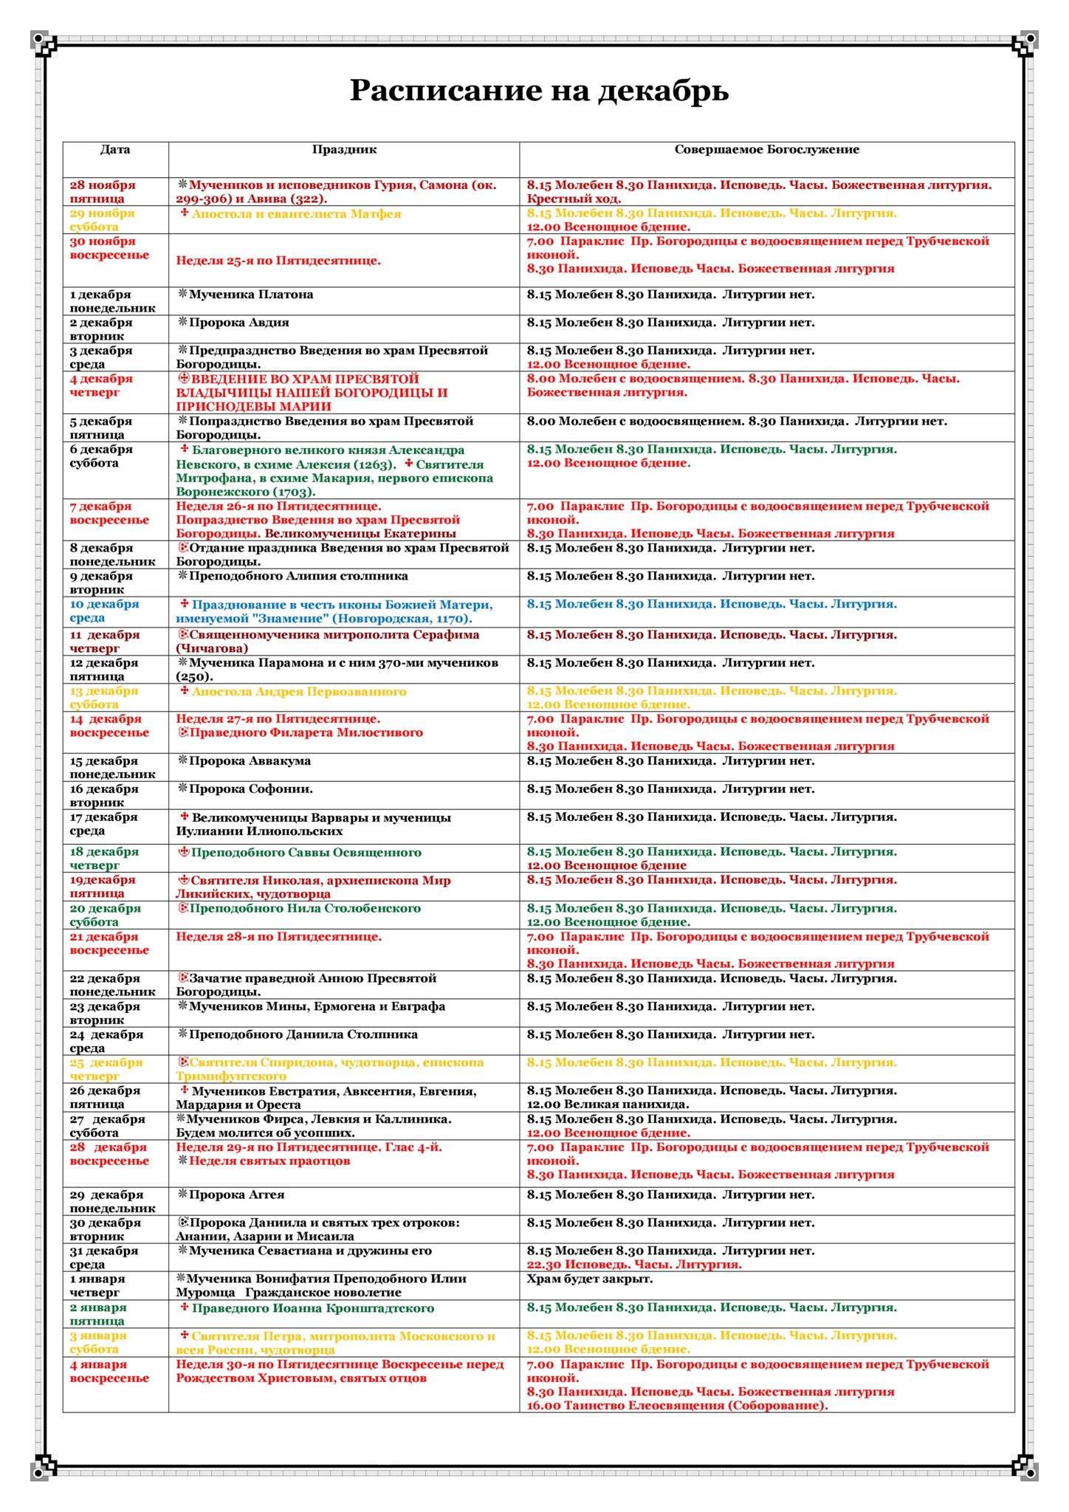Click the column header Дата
tap(115, 150)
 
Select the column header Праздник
tap(344, 150)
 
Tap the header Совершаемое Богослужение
tap(766, 150)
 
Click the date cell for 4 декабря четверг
tap(101, 385)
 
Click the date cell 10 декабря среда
tap(104, 611)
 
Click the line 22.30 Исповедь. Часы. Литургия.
tap(634, 1265)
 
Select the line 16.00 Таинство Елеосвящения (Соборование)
tap(677, 1405)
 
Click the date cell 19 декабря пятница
tap(103, 886)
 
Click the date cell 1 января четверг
tap(97, 1285)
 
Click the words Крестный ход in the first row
tap(574, 199)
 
